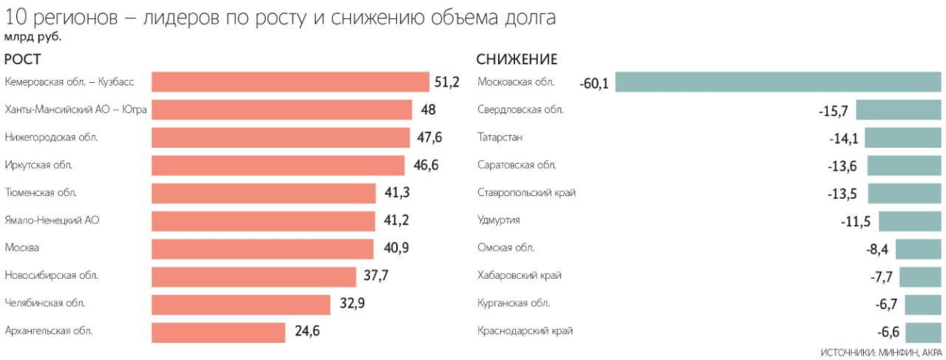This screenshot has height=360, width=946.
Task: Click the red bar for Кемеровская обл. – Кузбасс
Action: coord(290,82)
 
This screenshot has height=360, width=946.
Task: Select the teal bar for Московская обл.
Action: coord(778,82)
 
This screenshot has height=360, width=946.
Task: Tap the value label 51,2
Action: coord(447,82)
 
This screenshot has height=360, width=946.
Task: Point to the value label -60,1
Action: coord(594,84)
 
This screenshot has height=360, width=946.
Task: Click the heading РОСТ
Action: coord(22,60)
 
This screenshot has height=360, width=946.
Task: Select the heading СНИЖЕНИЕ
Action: coord(517,60)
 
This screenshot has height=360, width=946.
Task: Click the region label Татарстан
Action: coord(500,137)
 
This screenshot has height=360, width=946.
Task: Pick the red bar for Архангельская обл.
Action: coord(218,332)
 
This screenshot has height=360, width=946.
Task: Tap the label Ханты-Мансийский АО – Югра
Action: coord(75,109)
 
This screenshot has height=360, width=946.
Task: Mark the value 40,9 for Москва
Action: coord(395,248)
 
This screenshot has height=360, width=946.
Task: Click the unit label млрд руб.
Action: coord(33,36)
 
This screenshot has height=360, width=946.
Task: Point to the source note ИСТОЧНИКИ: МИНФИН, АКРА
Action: coord(881,352)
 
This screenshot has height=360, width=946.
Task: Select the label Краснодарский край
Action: coord(525,331)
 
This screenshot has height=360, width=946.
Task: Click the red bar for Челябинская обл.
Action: coord(241,305)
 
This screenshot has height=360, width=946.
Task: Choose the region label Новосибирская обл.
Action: coord(51,276)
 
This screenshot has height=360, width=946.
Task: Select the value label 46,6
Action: coord(426,165)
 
